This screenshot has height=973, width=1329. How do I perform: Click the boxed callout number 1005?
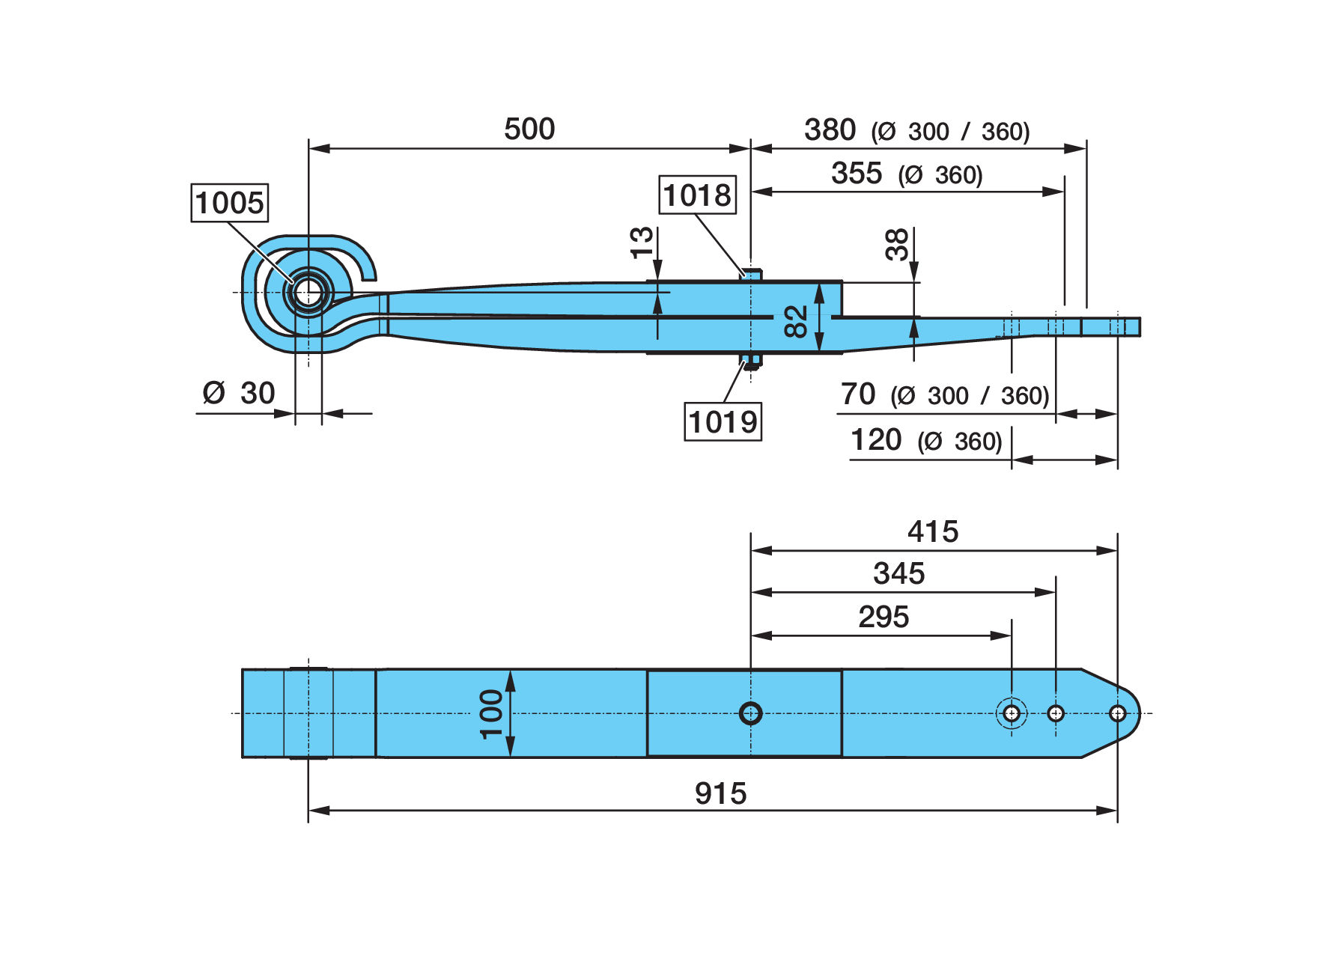tap(230, 202)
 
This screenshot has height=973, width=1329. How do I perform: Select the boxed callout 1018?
tap(697, 195)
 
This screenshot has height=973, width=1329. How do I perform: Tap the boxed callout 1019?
tap(723, 421)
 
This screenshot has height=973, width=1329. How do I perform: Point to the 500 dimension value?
tap(529, 129)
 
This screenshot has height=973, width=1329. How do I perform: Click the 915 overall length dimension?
tap(720, 793)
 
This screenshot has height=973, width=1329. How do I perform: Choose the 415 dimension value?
tap(933, 531)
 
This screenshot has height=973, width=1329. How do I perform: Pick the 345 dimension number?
tap(899, 573)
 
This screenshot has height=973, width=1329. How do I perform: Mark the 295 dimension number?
tap(884, 617)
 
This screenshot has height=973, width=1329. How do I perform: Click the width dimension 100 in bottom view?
tap(492, 713)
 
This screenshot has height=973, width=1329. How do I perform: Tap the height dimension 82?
tap(797, 320)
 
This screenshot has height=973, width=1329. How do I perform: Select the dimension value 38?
tap(896, 244)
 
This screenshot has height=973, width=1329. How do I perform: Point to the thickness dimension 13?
tap(642, 243)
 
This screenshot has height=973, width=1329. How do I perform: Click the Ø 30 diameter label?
tap(239, 392)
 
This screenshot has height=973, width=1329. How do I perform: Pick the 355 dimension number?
tap(857, 173)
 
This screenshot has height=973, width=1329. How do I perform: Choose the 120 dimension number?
tap(876, 439)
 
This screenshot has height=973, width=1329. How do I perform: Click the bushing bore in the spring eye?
tap(308, 293)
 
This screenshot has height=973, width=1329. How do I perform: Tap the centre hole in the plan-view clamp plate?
tap(750, 713)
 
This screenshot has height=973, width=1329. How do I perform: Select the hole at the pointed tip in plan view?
tap(1117, 713)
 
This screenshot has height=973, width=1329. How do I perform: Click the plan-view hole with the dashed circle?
tap(1012, 713)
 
